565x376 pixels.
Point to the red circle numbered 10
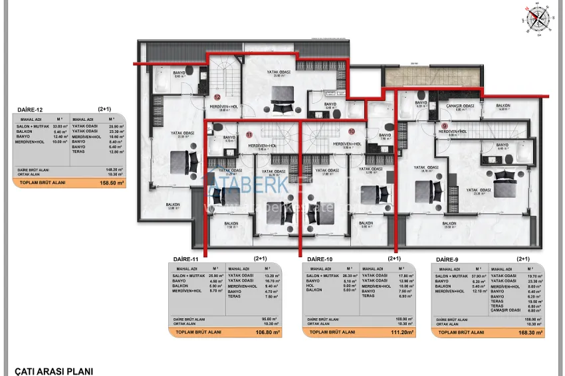352,132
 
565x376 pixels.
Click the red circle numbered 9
445,126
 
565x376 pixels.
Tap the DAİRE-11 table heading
185,259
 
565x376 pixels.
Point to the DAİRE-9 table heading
449,259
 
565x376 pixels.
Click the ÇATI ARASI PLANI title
54,371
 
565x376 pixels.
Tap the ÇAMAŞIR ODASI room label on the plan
460,106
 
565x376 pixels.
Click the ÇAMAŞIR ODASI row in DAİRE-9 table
506,310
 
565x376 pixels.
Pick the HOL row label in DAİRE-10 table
310,286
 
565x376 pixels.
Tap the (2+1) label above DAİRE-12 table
105,109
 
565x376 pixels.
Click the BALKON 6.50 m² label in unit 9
503,106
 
